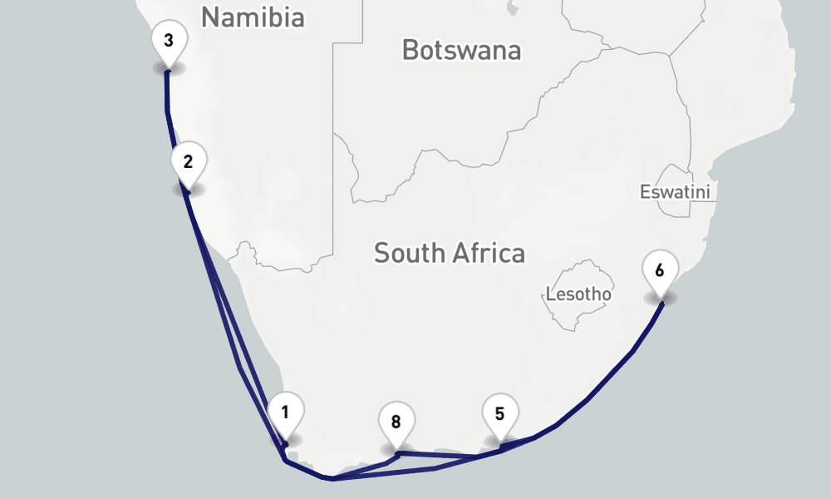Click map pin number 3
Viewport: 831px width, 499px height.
point(169,41)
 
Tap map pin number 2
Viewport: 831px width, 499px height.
point(189,162)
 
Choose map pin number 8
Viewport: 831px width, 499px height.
point(396,422)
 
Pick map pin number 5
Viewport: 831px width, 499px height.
point(499,413)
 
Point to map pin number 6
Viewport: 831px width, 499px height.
point(660,270)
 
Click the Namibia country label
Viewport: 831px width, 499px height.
point(253,17)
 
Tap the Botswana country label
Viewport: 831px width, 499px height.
point(461,50)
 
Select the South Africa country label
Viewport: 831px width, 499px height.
point(449,253)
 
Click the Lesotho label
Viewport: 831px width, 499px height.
point(578,294)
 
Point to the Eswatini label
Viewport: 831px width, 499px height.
point(675,192)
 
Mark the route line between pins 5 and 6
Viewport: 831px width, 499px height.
point(590,399)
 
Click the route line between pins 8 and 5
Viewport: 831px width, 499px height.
point(449,456)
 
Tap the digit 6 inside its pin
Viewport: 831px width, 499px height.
point(660,270)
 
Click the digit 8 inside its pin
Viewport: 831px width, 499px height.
point(396,422)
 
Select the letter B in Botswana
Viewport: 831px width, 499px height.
point(411,50)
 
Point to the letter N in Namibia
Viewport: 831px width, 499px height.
point(210,17)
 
